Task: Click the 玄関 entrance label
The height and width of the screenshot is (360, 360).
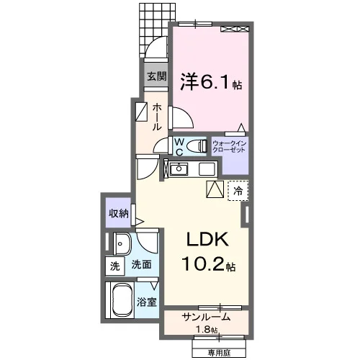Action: (x=156, y=76)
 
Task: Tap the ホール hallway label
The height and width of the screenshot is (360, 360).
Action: (x=157, y=117)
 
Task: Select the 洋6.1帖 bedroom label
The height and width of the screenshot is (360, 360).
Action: (x=211, y=82)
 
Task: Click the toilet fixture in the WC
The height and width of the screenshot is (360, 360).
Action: (x=197, y=145)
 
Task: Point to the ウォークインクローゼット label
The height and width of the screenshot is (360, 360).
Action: (x=230, y=147)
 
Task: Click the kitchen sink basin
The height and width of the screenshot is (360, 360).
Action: (x=179, y=169)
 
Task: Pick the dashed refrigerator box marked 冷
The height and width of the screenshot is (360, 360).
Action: (x=238, y=191)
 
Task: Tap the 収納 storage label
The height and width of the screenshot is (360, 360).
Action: (x=119, y=213)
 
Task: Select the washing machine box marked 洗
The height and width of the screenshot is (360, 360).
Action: (x=115, y=266)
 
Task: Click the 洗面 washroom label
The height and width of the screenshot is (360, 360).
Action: (x=141, y=264)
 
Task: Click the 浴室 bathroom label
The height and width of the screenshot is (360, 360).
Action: (x=147, y=302)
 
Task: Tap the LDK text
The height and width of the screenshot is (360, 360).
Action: (x=207, y=239)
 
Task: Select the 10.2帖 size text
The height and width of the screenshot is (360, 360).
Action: (x=208, y=264)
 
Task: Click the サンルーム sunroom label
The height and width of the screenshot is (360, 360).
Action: (x=206, y=318)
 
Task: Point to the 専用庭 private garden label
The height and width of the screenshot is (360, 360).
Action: (x=219, y=353)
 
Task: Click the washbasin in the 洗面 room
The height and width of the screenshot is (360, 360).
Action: (x=122, y=244)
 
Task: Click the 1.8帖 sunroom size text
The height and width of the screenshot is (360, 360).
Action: (x=207, y=330)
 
